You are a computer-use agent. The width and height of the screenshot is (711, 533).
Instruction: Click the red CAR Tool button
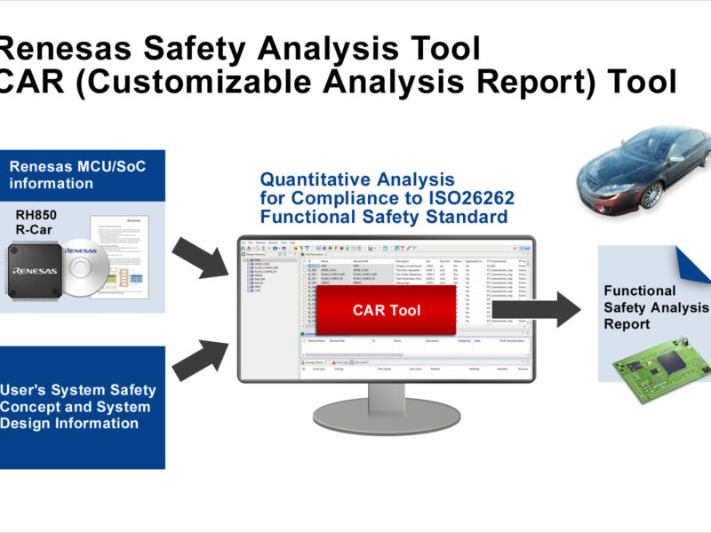pyautogui.click(x=386, y=311)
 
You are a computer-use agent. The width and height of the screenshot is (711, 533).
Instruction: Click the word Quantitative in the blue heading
pyautogui.click(x=314, y=179)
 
